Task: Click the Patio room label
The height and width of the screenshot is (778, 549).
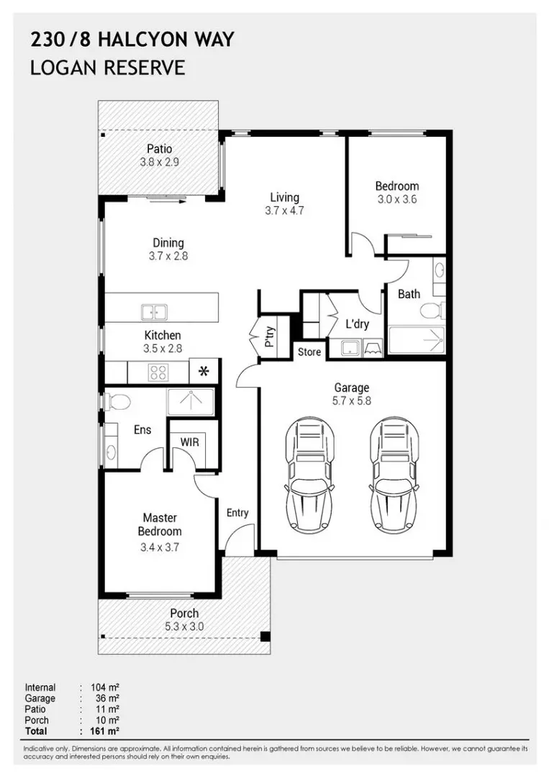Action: click(159, 149)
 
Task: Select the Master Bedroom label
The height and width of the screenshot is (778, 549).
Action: click(160, 524)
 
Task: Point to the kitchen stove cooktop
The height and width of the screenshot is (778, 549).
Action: click(158, 372)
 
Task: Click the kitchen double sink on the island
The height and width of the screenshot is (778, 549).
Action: click(153, 312)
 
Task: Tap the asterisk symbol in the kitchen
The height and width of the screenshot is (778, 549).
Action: click(204, 372)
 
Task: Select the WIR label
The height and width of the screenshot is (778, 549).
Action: click(189, 442)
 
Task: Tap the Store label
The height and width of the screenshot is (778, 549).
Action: click(309, 352)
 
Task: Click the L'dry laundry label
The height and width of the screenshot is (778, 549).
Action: click(357, 324)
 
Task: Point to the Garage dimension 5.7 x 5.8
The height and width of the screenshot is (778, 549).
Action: click(353, 401)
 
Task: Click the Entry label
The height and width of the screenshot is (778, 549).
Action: click(237, 513)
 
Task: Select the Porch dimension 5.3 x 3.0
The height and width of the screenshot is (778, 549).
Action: click(185, 626)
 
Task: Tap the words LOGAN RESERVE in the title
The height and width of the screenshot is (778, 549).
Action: click(108, 68)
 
